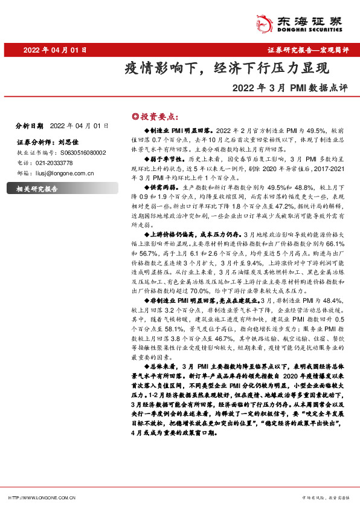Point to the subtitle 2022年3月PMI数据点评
click(291, 87)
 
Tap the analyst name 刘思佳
click(70, 143)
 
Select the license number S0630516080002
click(74, 153)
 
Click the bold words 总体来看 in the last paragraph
click(163, 367)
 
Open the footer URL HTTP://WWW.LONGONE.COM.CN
click(41, 498)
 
